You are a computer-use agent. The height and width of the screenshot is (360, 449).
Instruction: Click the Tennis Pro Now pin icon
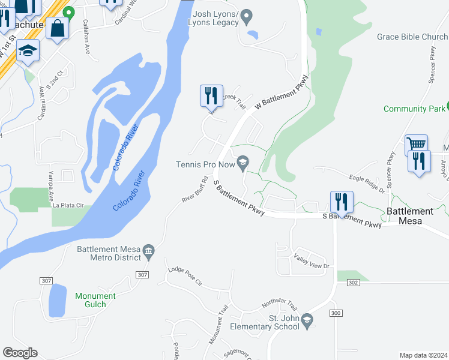click(243, 163)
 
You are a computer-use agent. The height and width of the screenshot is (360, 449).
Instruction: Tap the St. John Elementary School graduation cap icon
click(307, 320)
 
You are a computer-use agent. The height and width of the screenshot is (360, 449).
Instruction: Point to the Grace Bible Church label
click(412, 37)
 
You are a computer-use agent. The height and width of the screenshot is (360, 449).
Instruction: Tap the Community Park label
click(414, 109)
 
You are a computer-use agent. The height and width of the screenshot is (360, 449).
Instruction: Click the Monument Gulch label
click(95, 300)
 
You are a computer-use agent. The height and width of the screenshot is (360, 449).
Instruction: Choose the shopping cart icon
click(416, 145)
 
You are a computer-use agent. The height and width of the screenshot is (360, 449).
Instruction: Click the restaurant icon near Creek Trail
click(211, 95)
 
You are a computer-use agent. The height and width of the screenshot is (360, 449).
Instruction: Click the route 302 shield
click(352, 282)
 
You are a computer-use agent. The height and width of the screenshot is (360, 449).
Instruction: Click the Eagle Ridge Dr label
click(367, 182)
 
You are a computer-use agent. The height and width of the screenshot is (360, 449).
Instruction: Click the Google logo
click(20, 353)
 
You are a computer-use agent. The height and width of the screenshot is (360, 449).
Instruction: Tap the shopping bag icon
click(58, 28)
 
